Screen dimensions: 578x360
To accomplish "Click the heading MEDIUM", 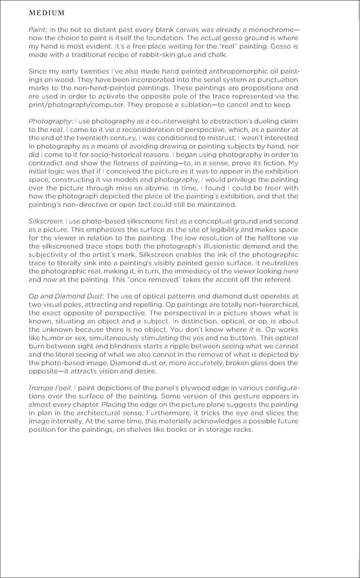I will tap(46, 13).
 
